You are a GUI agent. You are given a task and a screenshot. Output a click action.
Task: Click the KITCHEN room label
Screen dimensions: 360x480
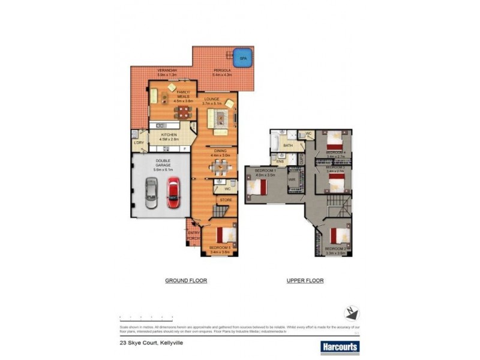point(169,136)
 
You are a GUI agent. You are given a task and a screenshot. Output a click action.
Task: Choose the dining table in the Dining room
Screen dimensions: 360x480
point(220,167)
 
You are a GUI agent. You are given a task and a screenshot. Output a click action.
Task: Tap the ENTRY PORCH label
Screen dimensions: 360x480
point(193,236)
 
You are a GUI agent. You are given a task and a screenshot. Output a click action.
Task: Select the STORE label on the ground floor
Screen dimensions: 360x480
point(226,200)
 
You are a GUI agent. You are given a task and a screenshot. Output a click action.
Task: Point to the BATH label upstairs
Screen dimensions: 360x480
point(288,145)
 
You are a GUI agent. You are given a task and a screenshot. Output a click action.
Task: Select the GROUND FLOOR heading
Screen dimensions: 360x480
point(186,280)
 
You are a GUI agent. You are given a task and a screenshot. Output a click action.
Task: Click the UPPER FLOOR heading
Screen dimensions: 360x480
point(305,280)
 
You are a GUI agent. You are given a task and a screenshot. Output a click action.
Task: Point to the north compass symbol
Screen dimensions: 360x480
point(352,313)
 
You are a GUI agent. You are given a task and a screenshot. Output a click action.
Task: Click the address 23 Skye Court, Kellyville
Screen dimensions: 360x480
point(151,343)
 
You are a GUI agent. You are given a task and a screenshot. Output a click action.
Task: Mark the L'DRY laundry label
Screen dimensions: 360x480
point(139,142)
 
